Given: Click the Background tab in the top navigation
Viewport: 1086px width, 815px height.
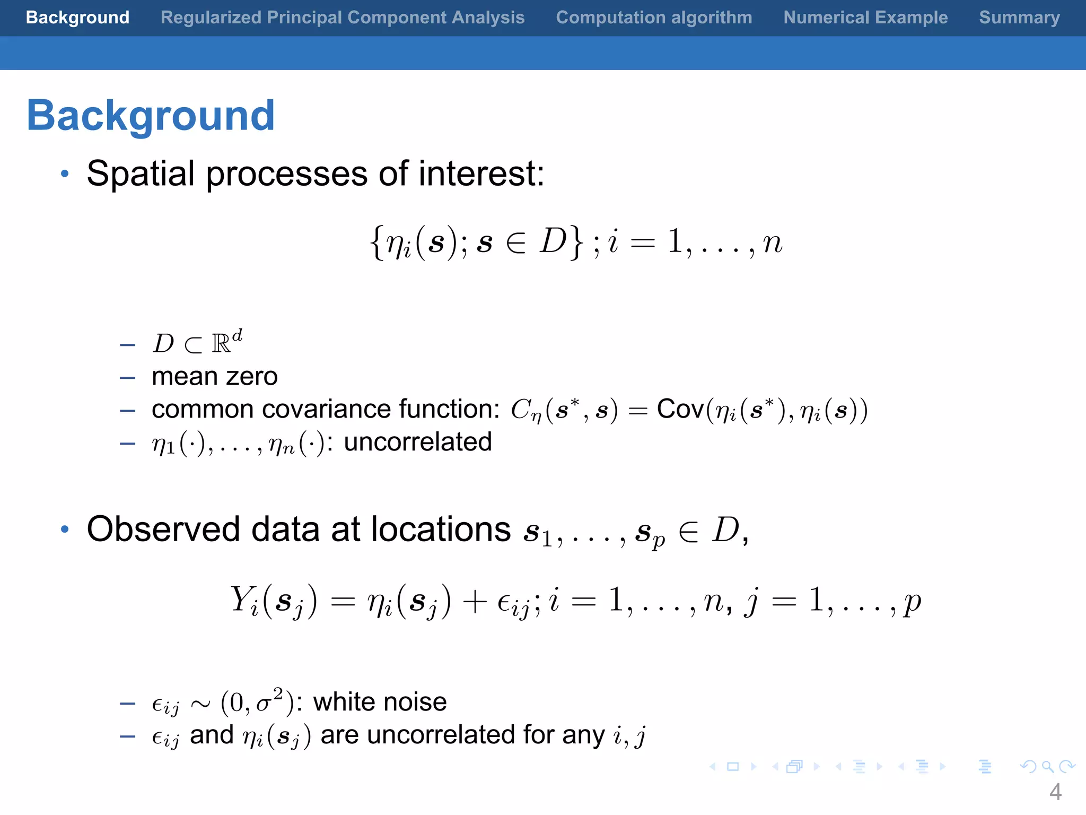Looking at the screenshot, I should [77, 18].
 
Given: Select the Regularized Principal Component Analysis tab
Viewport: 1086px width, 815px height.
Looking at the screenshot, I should [342, 18].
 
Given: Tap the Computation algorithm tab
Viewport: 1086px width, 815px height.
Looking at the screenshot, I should [653, 18].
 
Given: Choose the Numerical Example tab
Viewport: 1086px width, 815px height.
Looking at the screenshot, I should [865, 18].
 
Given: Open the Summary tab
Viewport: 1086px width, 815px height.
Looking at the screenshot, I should [1019, 18].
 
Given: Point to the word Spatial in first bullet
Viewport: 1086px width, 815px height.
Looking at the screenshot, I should [141, 174].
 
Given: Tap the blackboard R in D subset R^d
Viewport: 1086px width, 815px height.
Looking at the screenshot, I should [221, 344].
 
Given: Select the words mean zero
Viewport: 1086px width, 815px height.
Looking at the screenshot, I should [214, 377].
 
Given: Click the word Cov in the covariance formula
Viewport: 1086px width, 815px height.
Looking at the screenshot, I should [680, 409].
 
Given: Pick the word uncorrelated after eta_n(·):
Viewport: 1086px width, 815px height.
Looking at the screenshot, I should [418, 442].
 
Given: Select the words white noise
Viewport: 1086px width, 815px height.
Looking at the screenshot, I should [380, 702].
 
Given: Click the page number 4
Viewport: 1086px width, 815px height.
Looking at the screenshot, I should [1055, 792].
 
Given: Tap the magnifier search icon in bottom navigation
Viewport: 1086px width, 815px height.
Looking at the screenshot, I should [1047, 766].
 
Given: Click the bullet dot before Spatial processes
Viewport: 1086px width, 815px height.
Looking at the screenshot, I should [65, 174].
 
